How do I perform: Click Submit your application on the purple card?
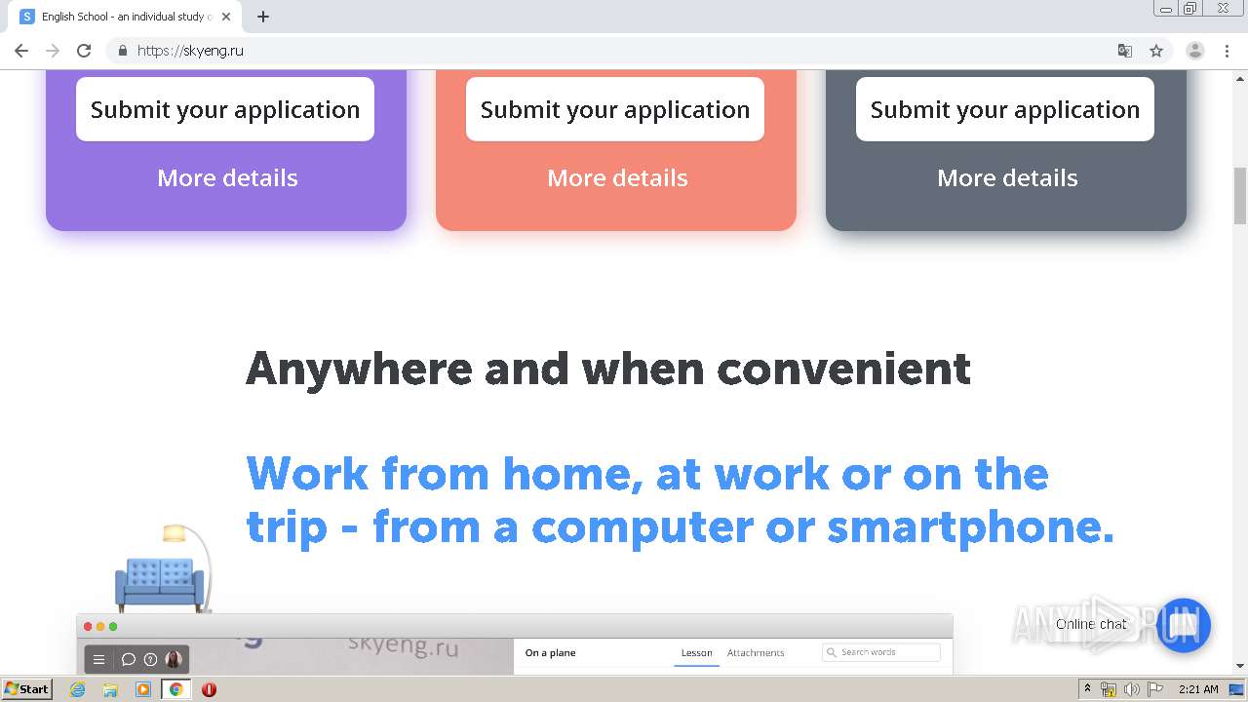[x=225, y=109]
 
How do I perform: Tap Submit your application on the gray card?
[x=1004, y=109]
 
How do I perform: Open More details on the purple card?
[x=227, y=178]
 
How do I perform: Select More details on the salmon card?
[x=617, y=178]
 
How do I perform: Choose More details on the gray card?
[x=1007, y=178]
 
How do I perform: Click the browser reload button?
[x=84, y=51]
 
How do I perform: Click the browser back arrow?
[x=21, y=51]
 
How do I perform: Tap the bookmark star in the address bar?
[x=1156, y=51]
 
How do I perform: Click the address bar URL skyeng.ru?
[x=190, y=51]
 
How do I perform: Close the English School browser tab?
[x=226, y=17]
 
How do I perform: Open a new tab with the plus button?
[x=263, y=17]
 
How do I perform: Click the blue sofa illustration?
[x=160, y=583]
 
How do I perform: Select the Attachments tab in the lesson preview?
[x=755, y=653]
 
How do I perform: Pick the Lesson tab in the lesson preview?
[x=696, y=653]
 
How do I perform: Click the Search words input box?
[x=881, y=652]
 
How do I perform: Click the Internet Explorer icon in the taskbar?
[x=78, y=689]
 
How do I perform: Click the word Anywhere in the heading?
[x=359, y=370]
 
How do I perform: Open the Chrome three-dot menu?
[x=1227, y=51]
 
